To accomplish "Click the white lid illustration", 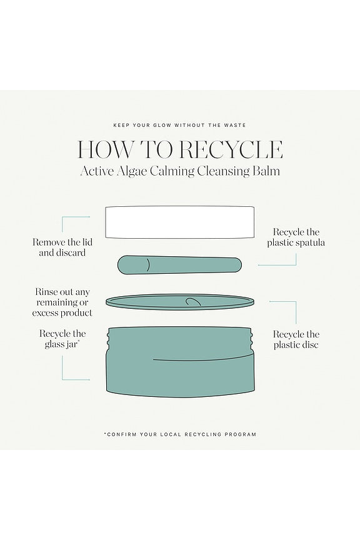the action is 180,222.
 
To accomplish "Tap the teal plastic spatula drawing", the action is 179,265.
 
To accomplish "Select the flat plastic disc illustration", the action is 180,302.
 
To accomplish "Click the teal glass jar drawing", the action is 180,362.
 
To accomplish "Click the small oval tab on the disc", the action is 193,302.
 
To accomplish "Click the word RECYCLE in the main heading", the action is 231,149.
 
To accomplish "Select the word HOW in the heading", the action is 106,149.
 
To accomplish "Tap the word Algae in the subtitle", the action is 131,171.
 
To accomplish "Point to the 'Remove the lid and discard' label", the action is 62,247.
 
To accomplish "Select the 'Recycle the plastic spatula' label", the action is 296,237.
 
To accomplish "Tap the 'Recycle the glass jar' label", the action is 62,339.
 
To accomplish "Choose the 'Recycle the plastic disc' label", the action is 296,339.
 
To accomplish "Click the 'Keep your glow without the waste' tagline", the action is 180,125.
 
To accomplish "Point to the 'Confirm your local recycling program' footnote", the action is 180,434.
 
